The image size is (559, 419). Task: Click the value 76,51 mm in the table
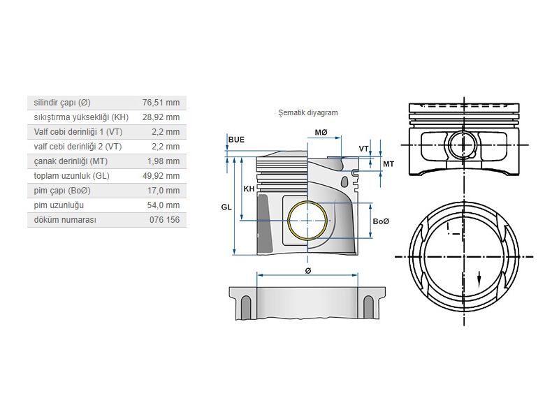tap(160, 102)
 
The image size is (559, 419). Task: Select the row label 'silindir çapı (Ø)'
tap(62, 102)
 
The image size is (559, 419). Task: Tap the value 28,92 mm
tap(160, 117)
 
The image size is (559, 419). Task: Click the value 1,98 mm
tap(163, 161)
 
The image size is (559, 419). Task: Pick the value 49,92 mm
tap(160, 175)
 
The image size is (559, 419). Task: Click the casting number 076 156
tap(164, 219)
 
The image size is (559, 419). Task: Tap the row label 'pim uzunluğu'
tap(59, 205)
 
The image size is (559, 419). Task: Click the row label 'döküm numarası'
tap(65, 219)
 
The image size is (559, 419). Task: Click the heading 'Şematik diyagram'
tap(307, 112)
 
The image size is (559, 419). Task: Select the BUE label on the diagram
tap(236, 140)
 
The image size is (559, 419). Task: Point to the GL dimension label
tap(226, 207)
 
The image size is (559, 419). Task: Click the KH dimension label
tap(249, 189)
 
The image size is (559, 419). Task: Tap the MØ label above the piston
tap(321, 133)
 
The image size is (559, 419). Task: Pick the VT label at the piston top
tap(363, 149)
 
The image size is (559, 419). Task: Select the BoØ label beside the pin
tap(381, 221)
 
